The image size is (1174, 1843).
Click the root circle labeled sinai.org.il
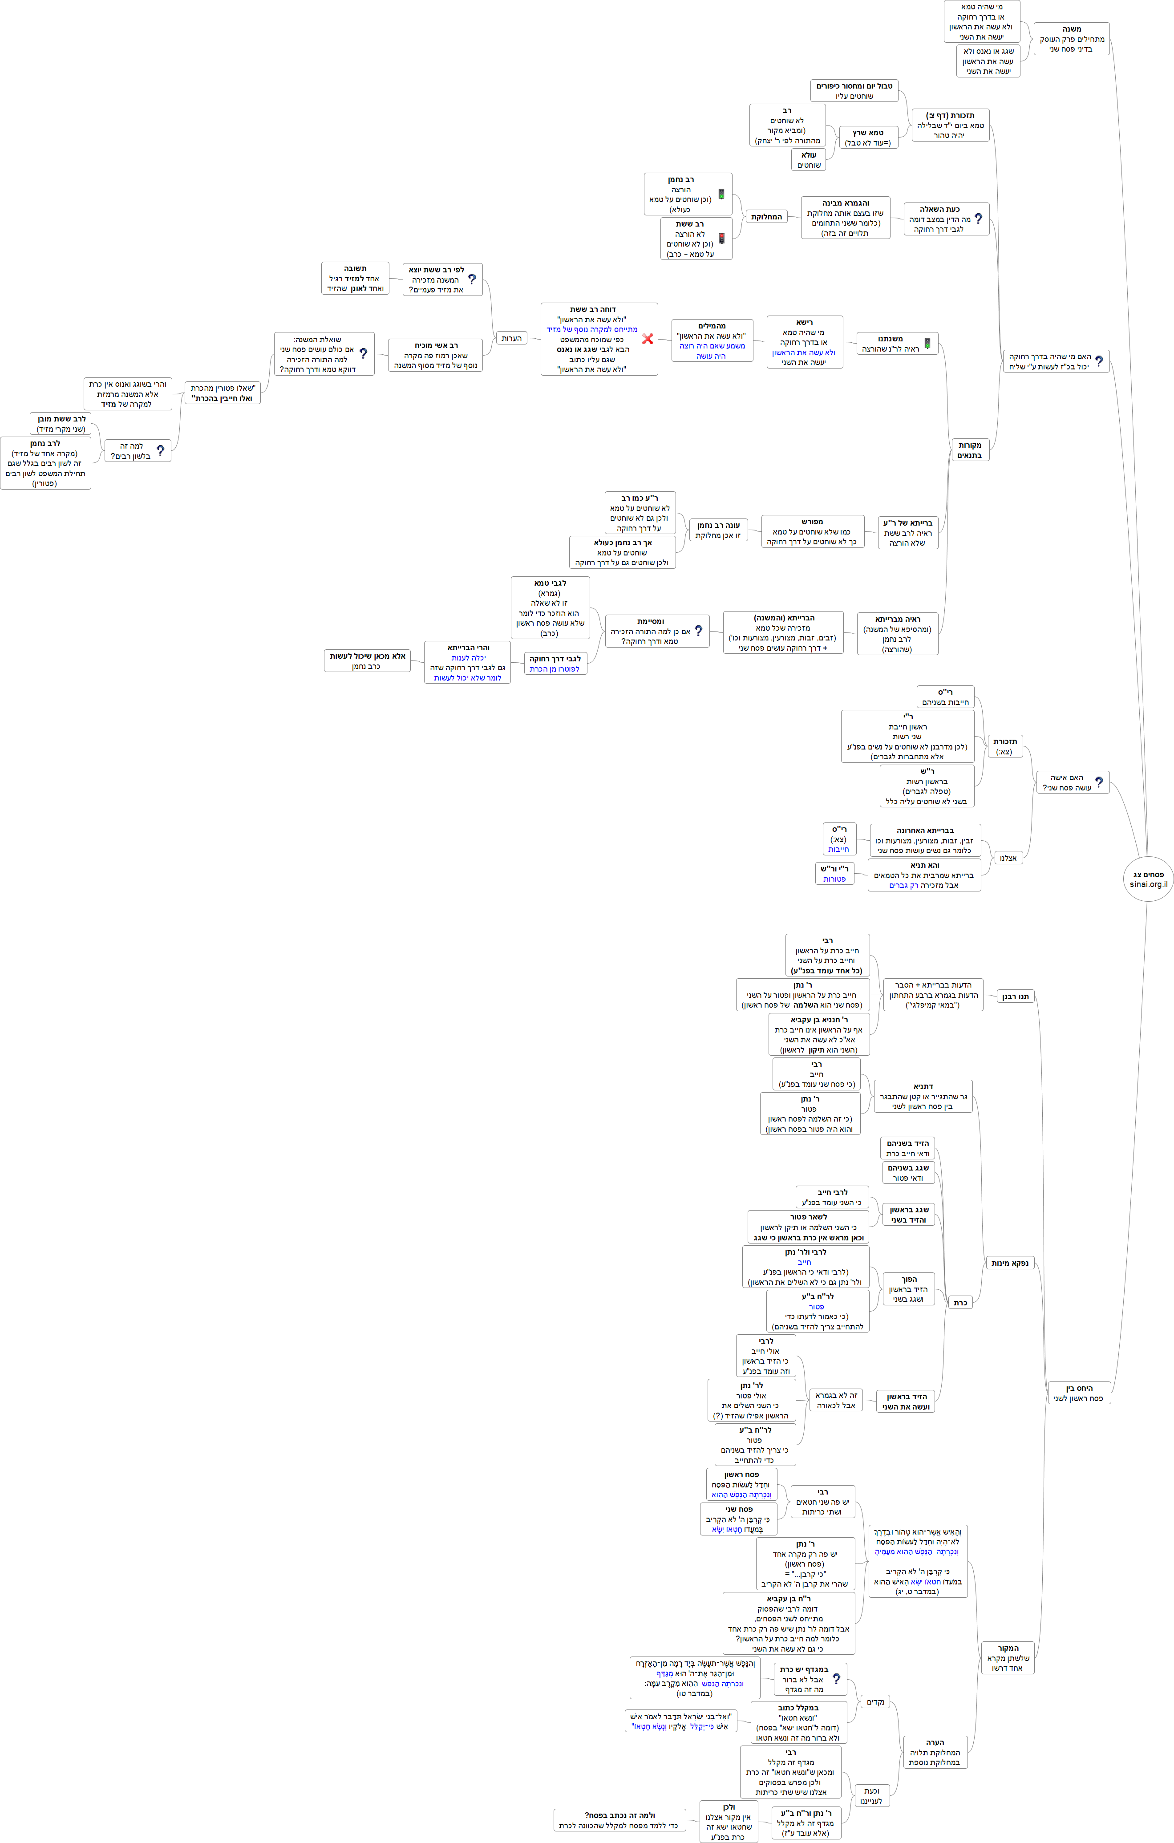pos(1148,879)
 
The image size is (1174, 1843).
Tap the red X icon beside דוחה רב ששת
pos(648,338)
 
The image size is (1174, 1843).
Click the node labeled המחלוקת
pos(766,217)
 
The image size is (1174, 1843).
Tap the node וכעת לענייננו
pos(871,1795)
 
